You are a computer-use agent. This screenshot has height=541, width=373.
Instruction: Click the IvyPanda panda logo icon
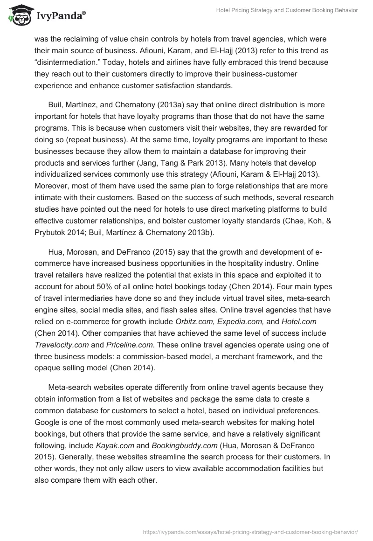tap(18, 16)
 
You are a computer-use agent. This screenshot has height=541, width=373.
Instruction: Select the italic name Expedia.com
tap(243, 322)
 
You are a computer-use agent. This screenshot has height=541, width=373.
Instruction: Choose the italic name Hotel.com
tap(300, 322)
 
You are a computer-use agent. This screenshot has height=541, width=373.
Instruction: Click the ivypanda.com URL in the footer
tap(251, 531)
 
